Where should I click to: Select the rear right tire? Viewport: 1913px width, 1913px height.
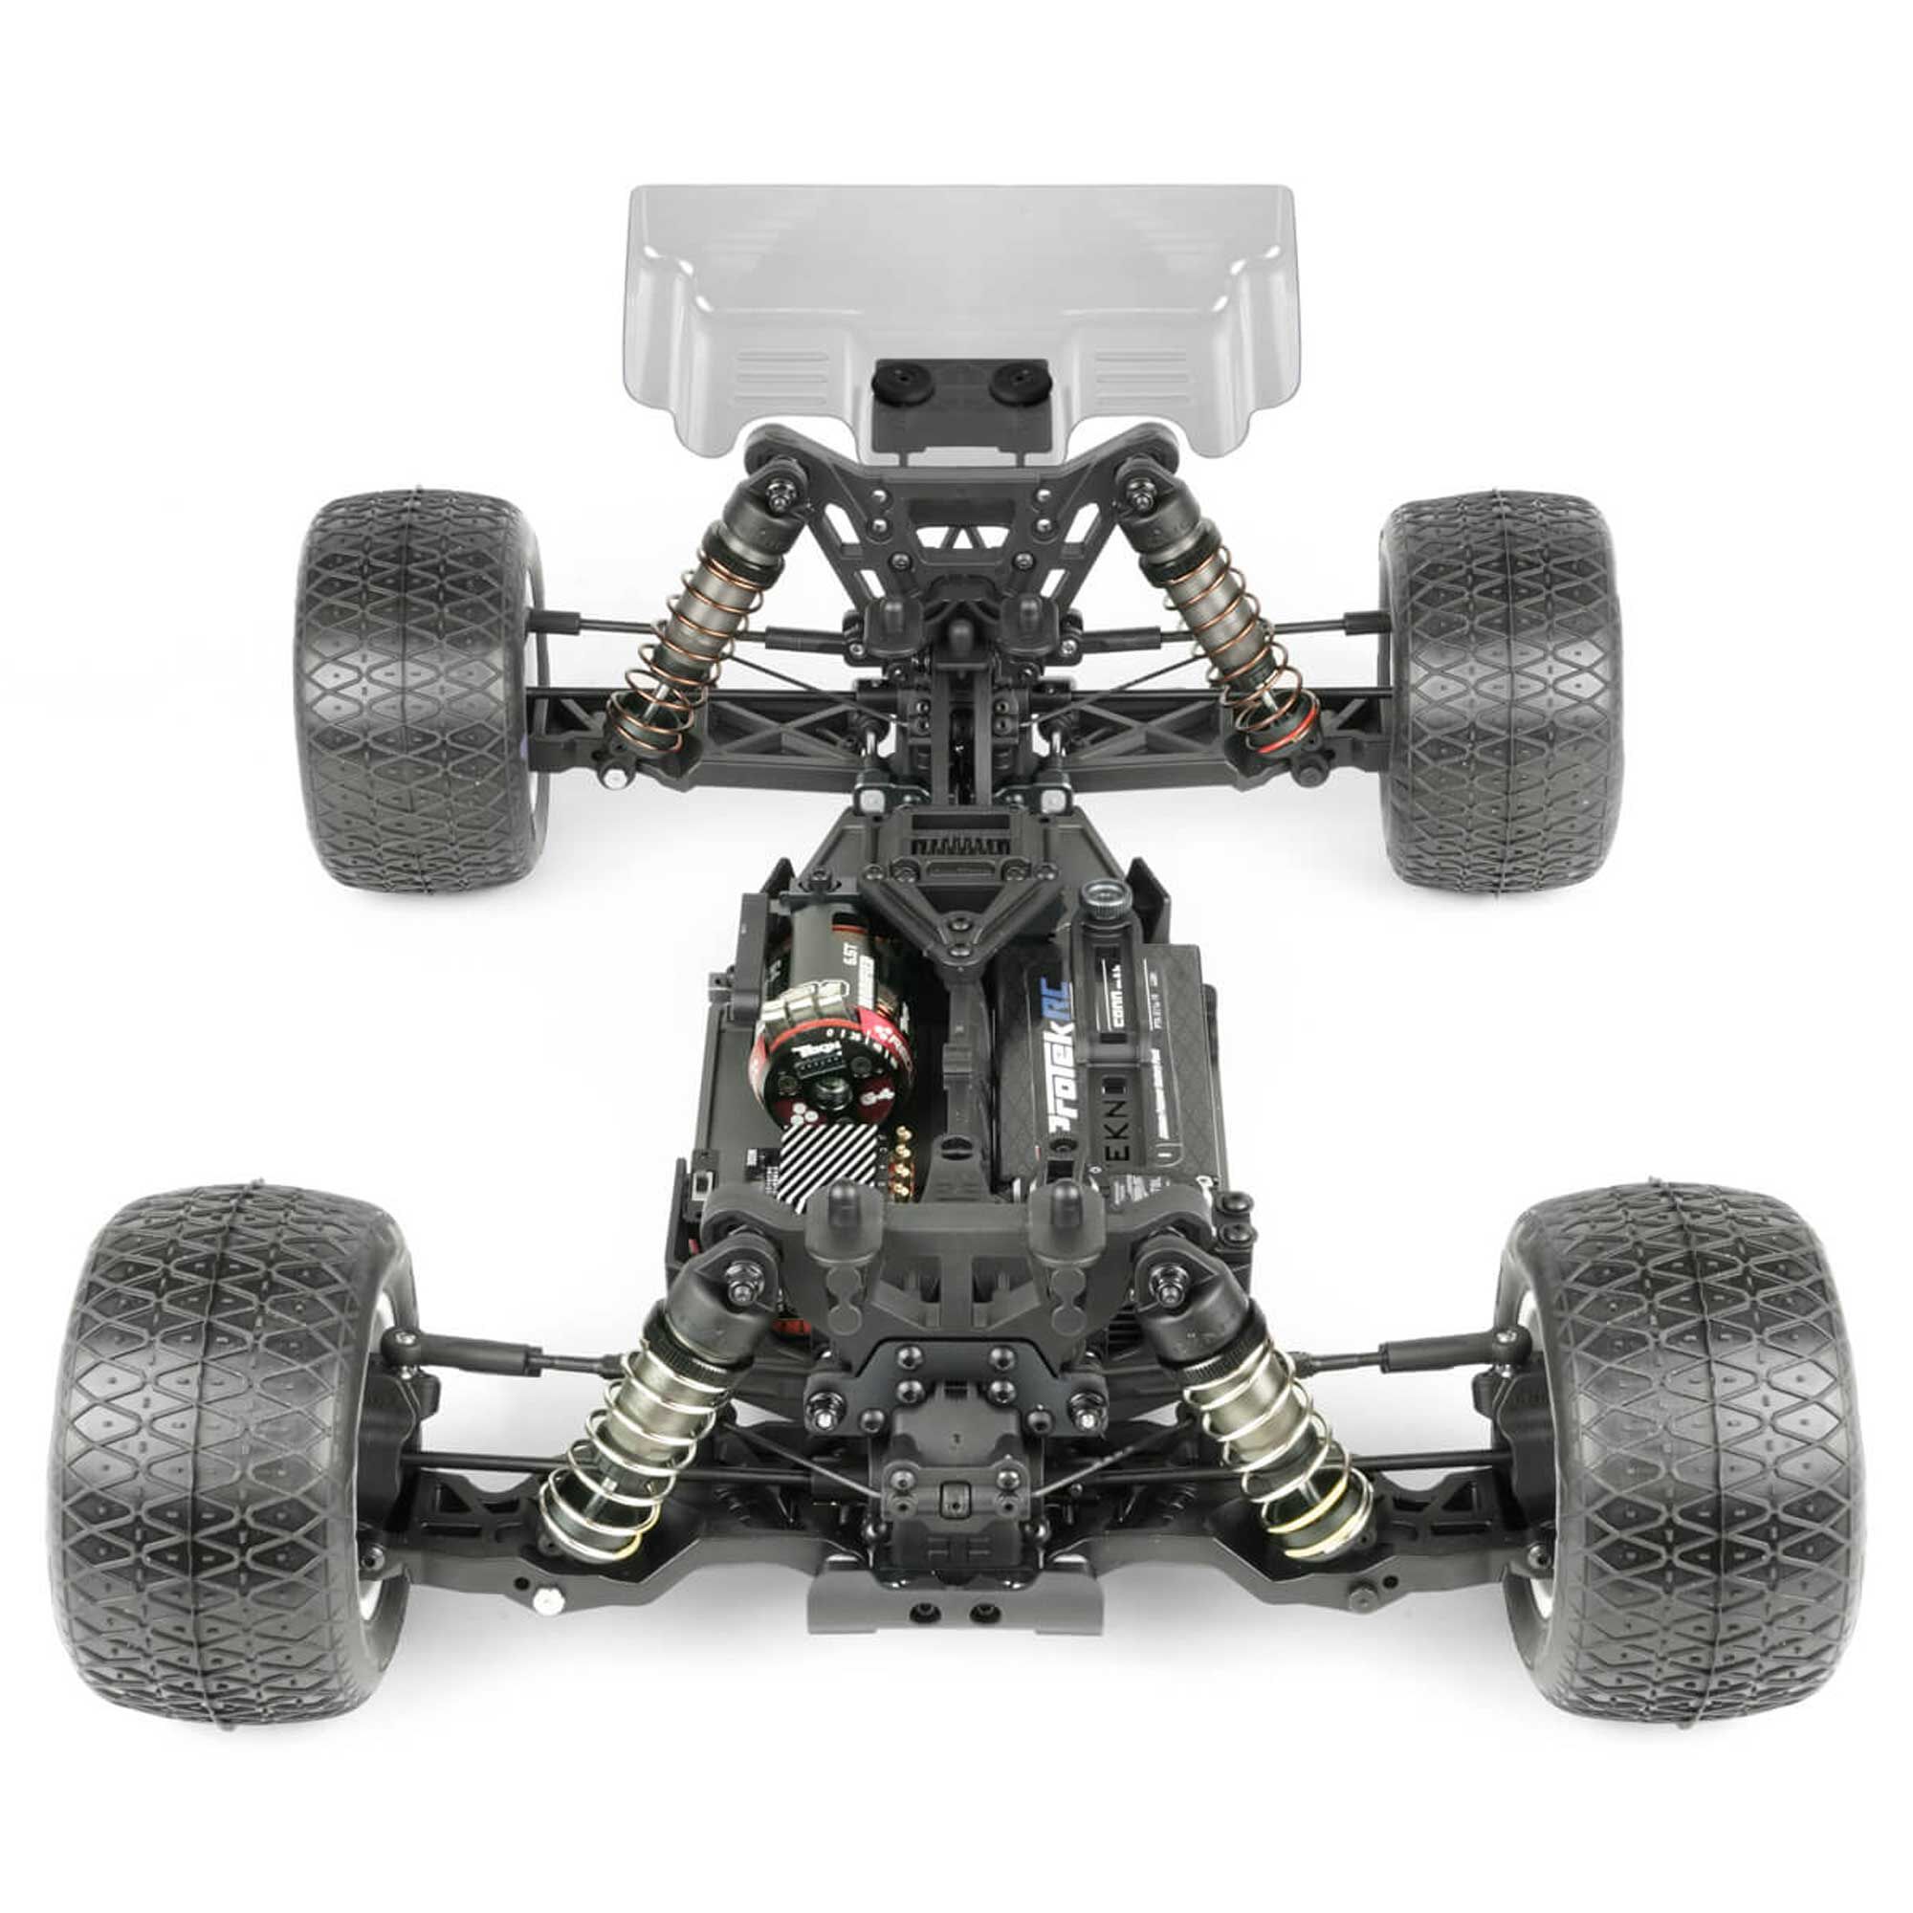pos(1500,693)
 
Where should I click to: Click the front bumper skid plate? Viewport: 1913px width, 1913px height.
pos(956,1604)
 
